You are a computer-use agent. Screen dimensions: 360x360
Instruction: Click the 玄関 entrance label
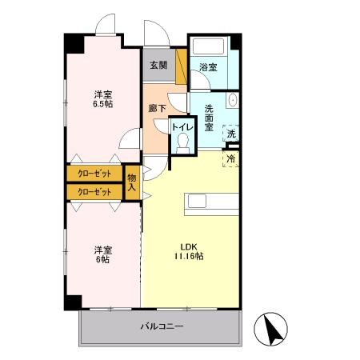pos(155,66)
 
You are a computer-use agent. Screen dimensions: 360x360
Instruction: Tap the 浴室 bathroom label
pos(208,68)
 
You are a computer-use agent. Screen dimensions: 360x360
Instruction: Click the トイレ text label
pos(182,126)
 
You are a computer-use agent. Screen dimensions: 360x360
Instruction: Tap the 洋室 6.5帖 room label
pos(102,99)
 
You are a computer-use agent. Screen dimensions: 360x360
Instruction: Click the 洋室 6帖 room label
pos(100,254)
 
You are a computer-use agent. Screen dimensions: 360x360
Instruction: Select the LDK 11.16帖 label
pos(189,251)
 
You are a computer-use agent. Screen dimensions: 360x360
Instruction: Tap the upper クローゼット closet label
pos(94,174)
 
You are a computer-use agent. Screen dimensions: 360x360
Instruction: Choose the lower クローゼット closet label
pos(94,192)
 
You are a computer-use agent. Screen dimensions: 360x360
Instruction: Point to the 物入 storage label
pos(133,182)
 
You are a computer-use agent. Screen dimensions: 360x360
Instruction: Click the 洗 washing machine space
pos(230,134)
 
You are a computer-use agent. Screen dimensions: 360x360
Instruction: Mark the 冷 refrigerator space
pos(231,159)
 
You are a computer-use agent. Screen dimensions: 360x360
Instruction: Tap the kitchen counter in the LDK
pos(212,202)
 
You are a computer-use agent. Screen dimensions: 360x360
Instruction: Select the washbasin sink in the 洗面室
pos(231,101)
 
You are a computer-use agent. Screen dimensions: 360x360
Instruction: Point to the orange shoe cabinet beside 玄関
pos(182,67)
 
